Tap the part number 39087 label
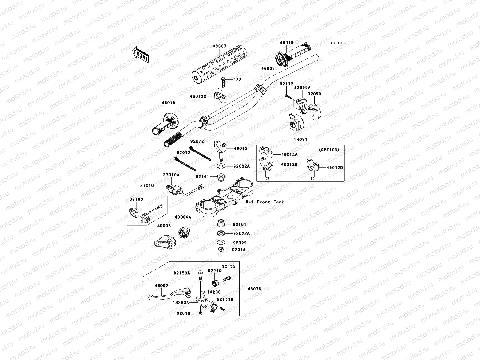[220, 46]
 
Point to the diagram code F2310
[337, 43]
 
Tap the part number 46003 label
[268, 68]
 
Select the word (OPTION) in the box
[329, 149]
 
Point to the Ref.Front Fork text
[265, 202]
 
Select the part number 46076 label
[254, 289]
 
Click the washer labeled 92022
[221, 243]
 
